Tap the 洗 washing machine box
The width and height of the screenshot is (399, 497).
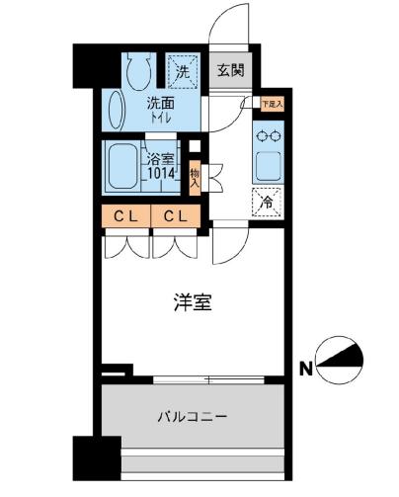pyautogui.click(x=181, y=70)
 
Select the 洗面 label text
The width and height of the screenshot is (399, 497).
pyautogui.click(x=162, y=102)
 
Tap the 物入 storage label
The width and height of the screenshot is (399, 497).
pyautogui.click(x=195, y=177)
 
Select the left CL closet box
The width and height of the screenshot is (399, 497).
pyautogui.click(x=124, y=215)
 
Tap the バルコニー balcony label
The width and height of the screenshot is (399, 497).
pyautogui.click(x=194, y=416)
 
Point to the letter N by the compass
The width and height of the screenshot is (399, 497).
pyautogui.click(x=307, y=370)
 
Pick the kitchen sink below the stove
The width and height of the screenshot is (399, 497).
pyautogui.click(x=268, y=164)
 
